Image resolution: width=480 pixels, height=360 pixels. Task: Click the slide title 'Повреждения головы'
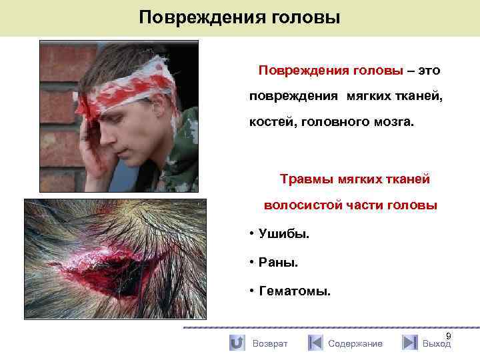click(x=239, y=17)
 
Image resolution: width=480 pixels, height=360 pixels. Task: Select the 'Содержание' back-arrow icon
click(x=315, y=343)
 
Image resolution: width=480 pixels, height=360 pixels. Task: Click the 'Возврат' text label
click(x=270, y=343)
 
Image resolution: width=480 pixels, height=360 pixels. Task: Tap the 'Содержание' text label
click(x=355, y=343)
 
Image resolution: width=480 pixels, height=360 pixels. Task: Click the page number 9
click(x=448, y=336)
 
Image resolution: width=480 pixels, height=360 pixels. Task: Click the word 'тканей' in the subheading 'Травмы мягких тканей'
click(x=408, y=179)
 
